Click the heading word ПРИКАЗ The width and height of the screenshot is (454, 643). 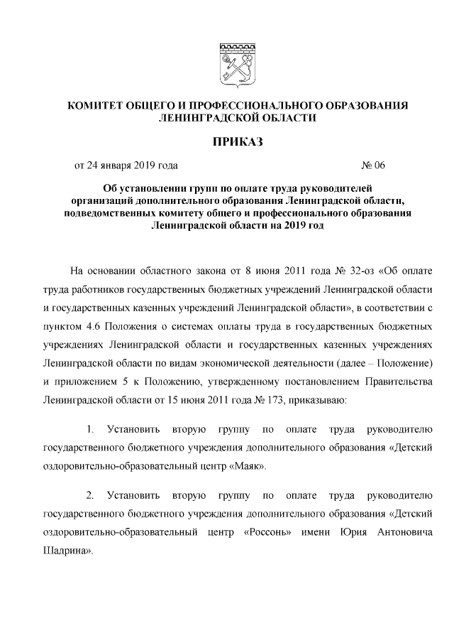point(238,142)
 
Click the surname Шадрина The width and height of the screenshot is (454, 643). point(67,551)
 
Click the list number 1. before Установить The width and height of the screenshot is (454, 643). point(91,430)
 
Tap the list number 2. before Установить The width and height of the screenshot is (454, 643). point(91,495)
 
